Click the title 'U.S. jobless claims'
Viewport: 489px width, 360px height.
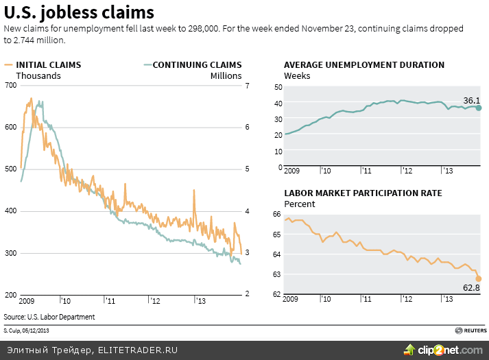coord(79,12)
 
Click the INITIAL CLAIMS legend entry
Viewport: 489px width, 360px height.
coord(43,65)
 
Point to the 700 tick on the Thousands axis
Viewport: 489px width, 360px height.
coord(11,85)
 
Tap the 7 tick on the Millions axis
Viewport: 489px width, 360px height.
coord(248,85)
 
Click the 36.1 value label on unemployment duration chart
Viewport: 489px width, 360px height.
coord(471,101)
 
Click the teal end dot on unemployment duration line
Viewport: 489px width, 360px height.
coord(479,108)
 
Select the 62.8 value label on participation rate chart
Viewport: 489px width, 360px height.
coord(470,288)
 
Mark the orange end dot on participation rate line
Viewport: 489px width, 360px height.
coord(479,278)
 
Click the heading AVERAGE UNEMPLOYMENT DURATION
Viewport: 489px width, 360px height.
coord(364,65)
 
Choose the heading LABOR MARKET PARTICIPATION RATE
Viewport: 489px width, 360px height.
coord(363,193)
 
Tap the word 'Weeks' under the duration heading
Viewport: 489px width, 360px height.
coord(297,75)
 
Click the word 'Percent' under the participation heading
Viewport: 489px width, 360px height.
coord(300,204)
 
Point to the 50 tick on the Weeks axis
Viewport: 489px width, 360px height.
coord(278,87)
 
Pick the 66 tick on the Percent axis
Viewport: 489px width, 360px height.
coord(278,215)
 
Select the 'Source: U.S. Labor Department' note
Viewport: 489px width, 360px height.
coord(49,317)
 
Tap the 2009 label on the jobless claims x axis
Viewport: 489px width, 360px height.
coord(27,301)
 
